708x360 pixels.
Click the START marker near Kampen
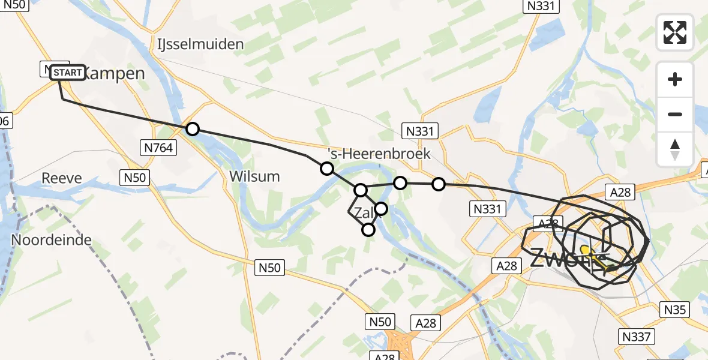pos(67,73)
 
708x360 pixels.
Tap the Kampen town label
pos(114,74)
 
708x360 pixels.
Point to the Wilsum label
pos(254,176)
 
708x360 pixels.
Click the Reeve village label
pos(62,178)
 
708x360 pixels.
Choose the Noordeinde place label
pos(51,241)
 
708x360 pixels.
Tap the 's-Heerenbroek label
pos(379,154)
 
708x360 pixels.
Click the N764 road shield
pos(158,146)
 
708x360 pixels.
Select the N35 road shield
pos(675,310)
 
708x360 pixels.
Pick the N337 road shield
pos(636,337)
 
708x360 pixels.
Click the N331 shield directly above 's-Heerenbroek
pos(420,131)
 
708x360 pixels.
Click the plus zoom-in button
pos(675,79)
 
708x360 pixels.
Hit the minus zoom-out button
pos(675,114)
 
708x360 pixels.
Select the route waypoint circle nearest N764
pos(192,129)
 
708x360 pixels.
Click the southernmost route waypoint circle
pos(368,229)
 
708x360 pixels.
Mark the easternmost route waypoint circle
pos(439,184)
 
